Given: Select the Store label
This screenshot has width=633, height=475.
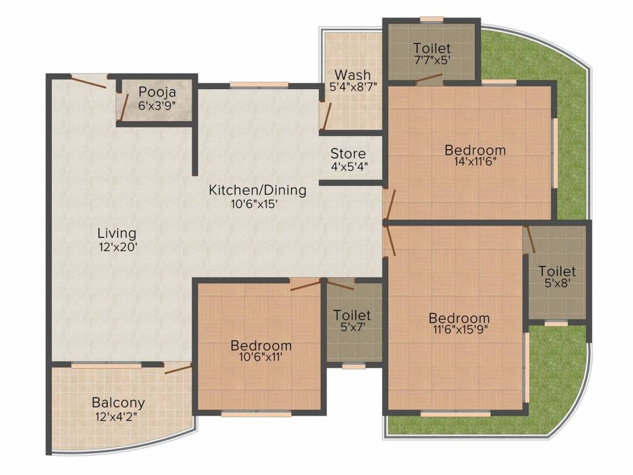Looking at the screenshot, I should (x=348, y=153).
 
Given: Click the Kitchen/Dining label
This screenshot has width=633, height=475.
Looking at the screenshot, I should (x=257, y=190).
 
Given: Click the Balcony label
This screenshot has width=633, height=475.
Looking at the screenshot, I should (x=119, y=403).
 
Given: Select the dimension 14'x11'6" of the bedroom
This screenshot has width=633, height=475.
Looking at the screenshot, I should (x=475, y=162).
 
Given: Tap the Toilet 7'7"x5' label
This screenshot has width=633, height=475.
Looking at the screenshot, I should (x=432, y=48).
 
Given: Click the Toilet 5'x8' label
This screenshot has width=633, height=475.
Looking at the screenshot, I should (x=557, y=272).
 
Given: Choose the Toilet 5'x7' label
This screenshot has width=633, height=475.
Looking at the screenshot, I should (x=352, y=315).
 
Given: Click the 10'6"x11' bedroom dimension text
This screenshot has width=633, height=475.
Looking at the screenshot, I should (x=261, y=357).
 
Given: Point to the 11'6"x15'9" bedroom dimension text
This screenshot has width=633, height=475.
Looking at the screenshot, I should (x=460, y=330).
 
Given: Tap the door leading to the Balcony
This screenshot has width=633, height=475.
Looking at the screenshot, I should (x=177, y=369).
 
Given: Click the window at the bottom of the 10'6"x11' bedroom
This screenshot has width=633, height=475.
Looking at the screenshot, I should (x=247, y=414).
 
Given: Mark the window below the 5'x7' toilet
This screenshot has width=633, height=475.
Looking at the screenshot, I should (x=353, y=366).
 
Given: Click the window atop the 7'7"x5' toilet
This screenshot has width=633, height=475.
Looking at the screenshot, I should (x=431, y=20).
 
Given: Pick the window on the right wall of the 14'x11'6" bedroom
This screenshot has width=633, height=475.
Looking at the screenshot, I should (x=554, y=151).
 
